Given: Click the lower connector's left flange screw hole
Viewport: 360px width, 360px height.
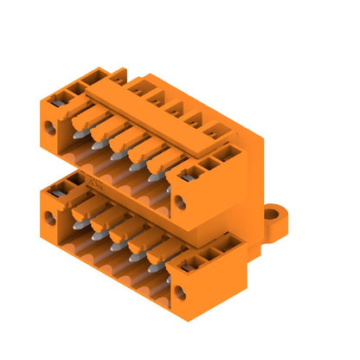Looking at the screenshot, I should (50, 218).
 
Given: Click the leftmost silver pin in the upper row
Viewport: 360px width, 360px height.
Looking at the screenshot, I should (79, 133).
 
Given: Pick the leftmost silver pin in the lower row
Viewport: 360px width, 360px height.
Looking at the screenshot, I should (78, 224).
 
